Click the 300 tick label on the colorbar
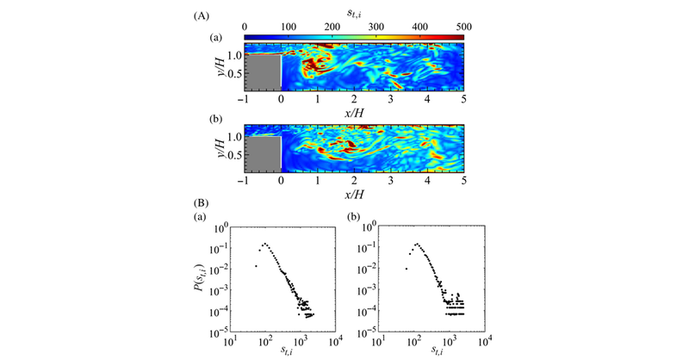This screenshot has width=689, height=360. click(x=376, y=27)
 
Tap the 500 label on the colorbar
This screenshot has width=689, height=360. click(x=462, y=27)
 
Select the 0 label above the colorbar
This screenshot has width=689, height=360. click(x=245, y=27)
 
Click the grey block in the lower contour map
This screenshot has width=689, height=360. click(x=264, y=155)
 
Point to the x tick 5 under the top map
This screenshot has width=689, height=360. click(x=463, y=100)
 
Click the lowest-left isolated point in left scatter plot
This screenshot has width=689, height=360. click(x=257, y=267)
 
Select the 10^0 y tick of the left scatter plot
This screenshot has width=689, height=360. click(x=221, y=227)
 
